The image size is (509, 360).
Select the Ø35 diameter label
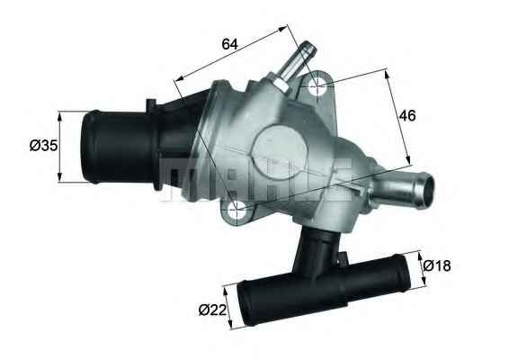(32, 146)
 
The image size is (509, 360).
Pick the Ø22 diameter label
(211, 311)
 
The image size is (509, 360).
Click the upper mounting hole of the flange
(317, 87)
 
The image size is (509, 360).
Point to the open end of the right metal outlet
(424, 189)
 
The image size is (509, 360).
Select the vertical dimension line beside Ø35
(60, 146)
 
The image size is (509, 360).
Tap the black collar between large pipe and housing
(171, 144)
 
